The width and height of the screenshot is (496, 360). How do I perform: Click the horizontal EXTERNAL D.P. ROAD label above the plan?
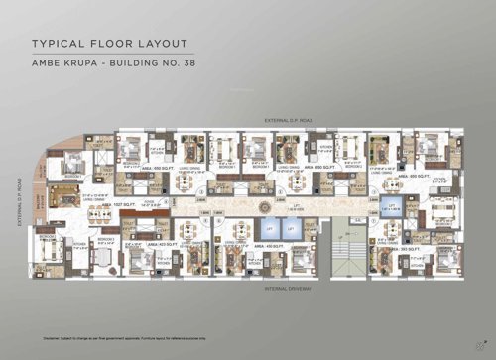point(289,119)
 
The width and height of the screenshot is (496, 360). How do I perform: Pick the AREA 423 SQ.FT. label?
point(147,243)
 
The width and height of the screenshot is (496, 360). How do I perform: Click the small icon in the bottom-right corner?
point(465,340)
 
